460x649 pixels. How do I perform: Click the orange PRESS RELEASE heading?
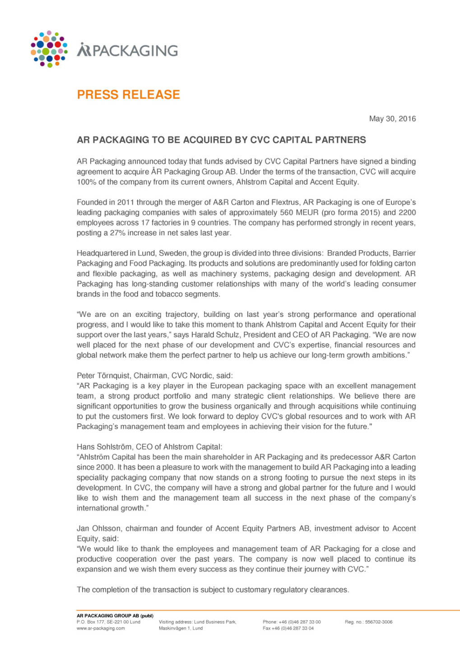pyautogui.click(x=128, y=95)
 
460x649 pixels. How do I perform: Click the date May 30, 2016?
pyautogui.click(x=392, y=119)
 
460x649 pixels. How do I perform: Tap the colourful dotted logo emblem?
pyautogui.click(x=49, y=49)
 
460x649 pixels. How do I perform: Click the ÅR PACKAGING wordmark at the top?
pyautogui.click(x=127, y=50)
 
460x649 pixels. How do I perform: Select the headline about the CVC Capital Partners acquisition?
pyautogui.click(x=221, y=140)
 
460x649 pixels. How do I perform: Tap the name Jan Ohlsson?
pyautogui.click(x=99, y=529)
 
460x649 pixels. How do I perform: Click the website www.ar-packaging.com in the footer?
pyautogui.click(x=101, y=628)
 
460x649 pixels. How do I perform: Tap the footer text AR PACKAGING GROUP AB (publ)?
pyautogui.click(x=115, y=616)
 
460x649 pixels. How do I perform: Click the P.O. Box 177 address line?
pyautogui.click(x=108, y=622)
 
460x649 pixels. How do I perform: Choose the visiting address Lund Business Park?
pyautogui.click(x=215, y=622)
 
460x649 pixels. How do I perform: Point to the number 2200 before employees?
pyautogui.click(x=407, y=213)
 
